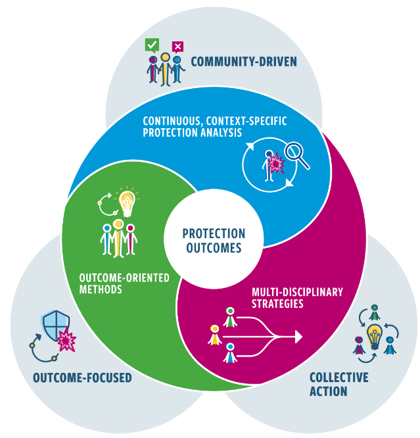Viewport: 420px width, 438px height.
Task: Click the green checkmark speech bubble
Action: pyautogui.click(x=152, y=45)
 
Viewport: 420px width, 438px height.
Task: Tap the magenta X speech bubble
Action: pyautogui.click(x=177, y=46)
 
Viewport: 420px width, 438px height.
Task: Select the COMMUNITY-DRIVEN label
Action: pyautogui.click(x=243, y=62)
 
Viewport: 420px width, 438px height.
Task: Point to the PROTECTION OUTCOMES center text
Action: pyautogui.click(x=214, y=241)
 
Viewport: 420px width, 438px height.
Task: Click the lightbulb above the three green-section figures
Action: pyautogui.click(x=126, y=201)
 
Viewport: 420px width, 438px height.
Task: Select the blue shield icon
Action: pyautogui.click(x=55, y=325)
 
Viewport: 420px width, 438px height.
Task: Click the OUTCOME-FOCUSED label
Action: pyautogui.click(x=82, y=377)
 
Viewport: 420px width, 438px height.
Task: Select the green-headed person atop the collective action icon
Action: pyautogui.click(x=374, y=311)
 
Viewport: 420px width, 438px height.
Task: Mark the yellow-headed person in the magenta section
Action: pyautogui.click(x=214, y=335)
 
